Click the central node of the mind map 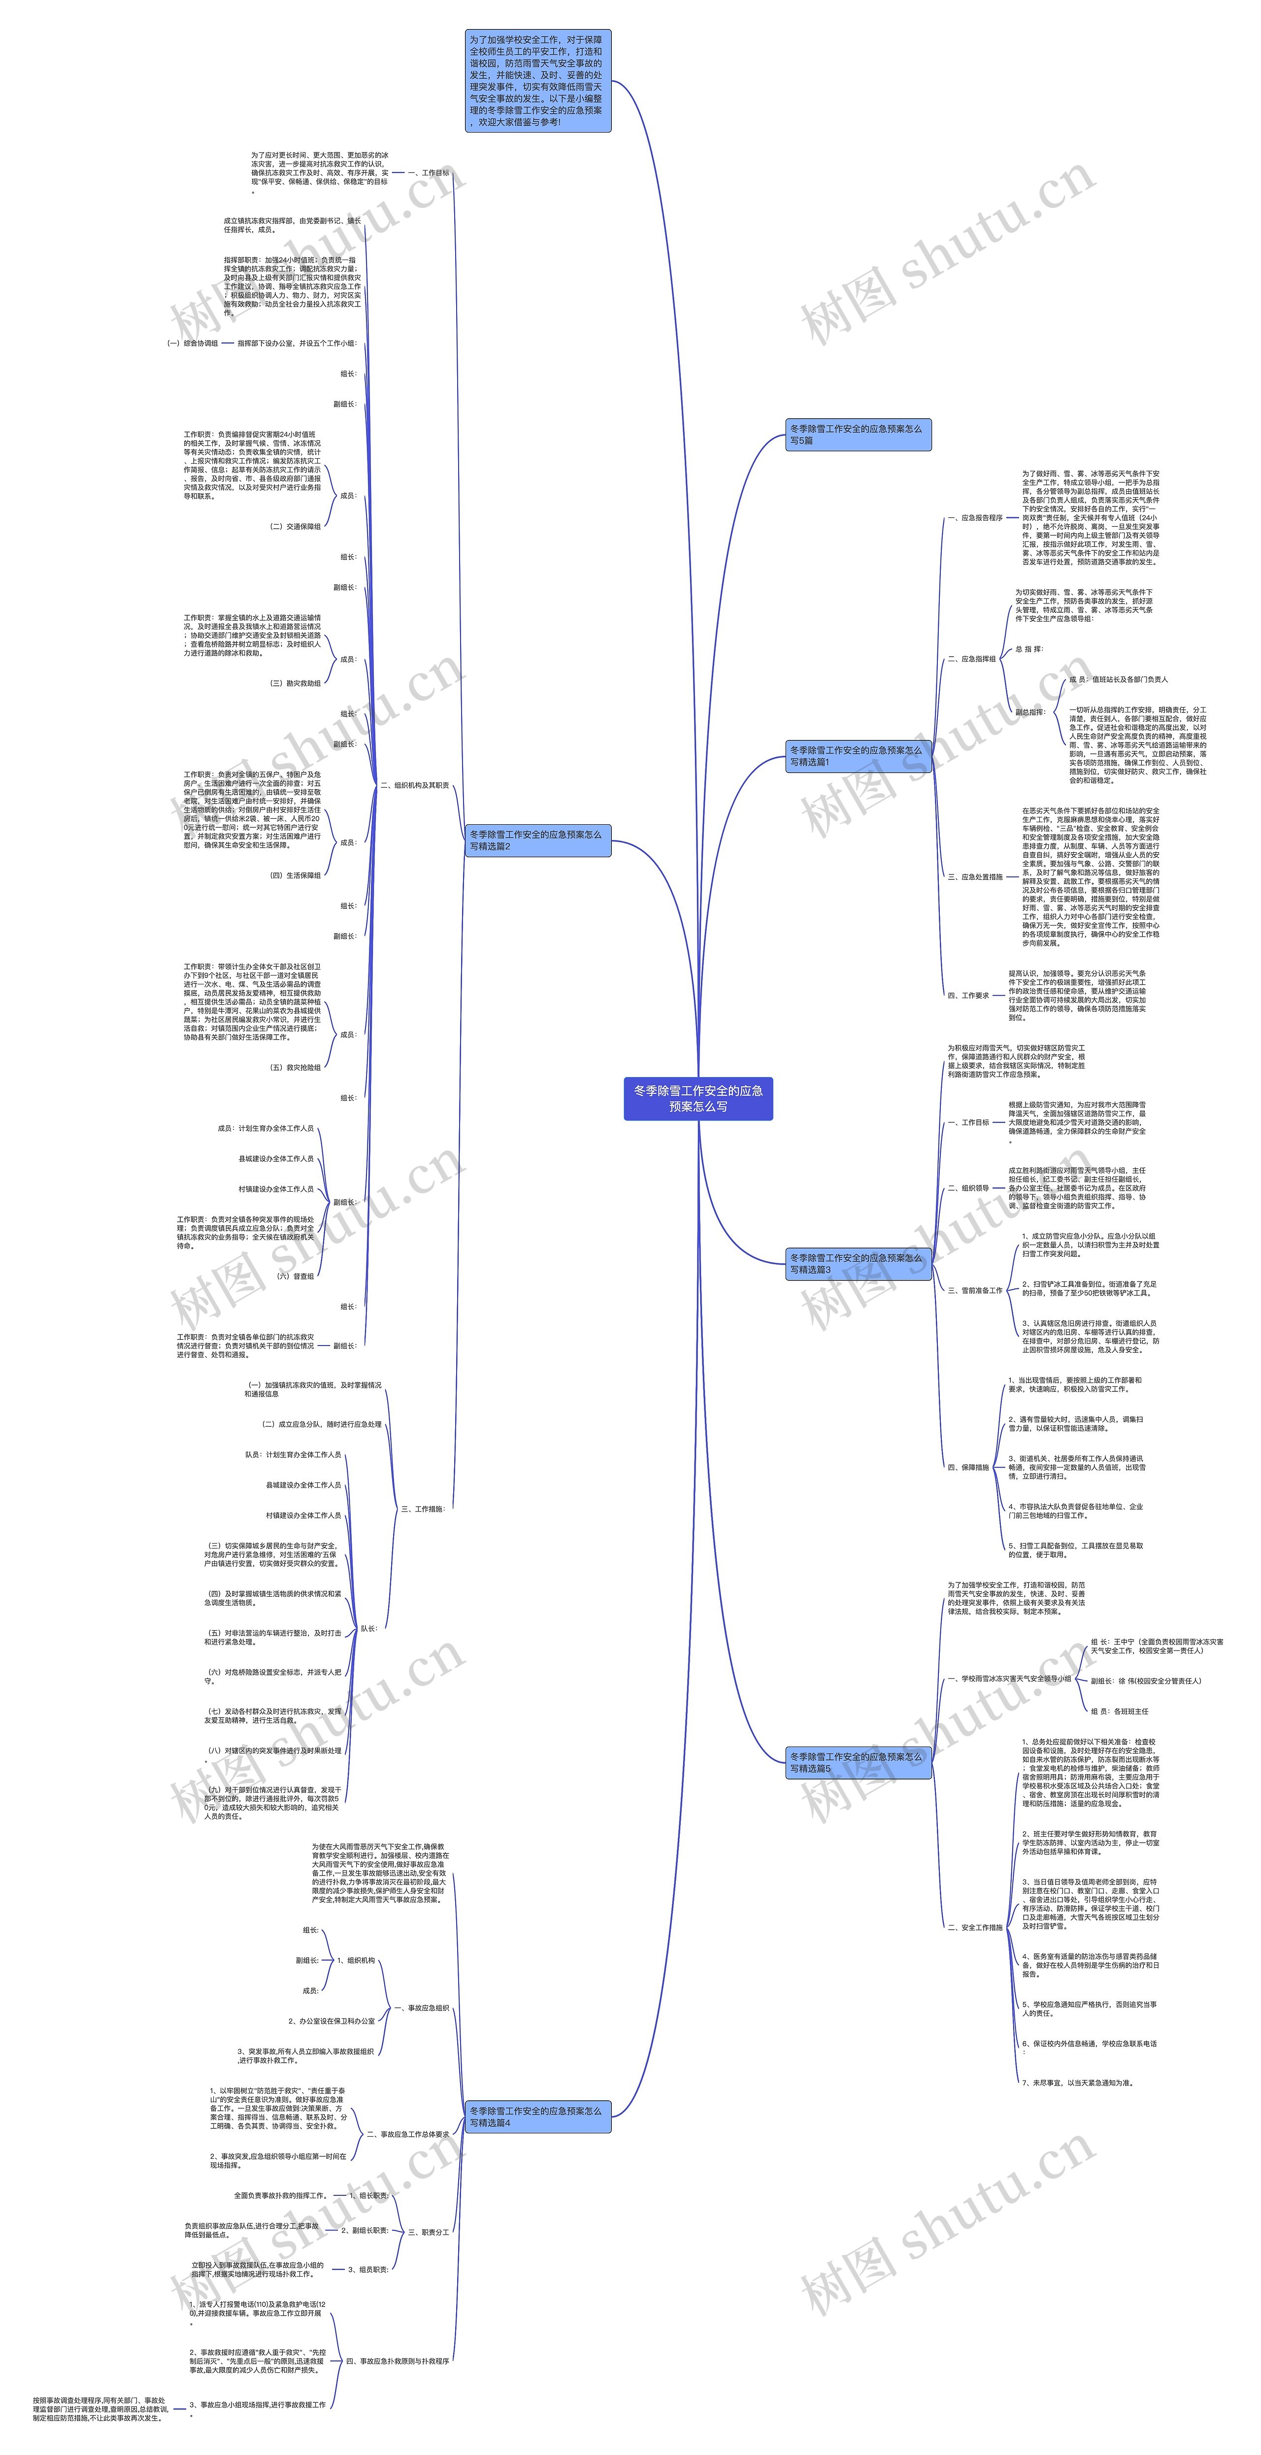[x=697, y=1098]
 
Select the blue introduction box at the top [x=536, y=81]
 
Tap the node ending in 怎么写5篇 [x=858, y=435]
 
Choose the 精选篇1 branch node [x=858, y=756]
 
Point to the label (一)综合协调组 [x=192, y=343]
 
